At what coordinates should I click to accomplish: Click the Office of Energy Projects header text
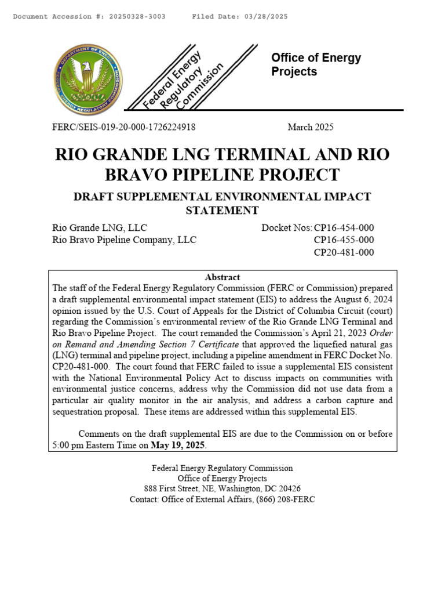point(316,64)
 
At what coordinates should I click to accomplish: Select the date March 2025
point(311,127)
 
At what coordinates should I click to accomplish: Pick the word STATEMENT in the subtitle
point(222,210)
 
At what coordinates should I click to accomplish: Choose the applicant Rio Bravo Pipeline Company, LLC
point(124,240)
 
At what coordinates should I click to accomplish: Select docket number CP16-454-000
point(344,227)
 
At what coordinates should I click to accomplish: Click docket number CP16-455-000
point(344,240)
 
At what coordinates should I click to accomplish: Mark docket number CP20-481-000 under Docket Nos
point(344,252)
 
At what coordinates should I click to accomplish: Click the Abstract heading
point(222,277)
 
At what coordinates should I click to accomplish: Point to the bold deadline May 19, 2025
point(178,445)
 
